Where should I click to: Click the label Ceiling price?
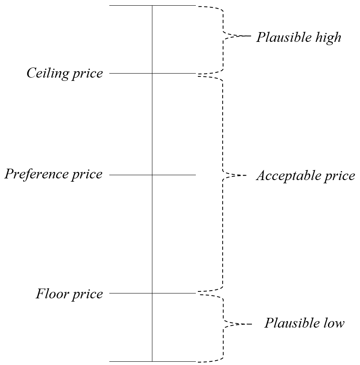pos(65,74)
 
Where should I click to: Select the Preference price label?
pos(53,174)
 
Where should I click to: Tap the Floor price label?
pos(69,293)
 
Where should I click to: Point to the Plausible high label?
pos(299,38)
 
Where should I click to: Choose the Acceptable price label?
pos(306,176)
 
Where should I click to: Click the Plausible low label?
pos(304,323)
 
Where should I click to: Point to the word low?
pos(334,323)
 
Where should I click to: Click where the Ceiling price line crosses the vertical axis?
pos(152,74)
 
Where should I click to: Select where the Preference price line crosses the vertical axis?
pos(152,175)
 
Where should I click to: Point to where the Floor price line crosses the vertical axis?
pos(152,293)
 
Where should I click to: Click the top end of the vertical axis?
pos(152,6)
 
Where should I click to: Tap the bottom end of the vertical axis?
pos(152,361)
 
